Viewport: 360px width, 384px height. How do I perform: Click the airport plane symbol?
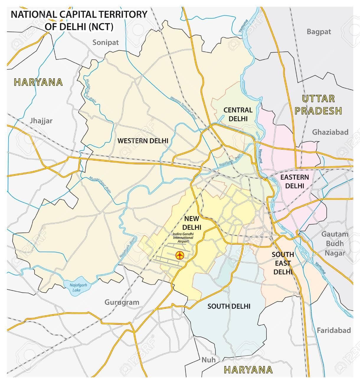[179, 255]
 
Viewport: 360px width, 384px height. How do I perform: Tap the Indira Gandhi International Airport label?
[183, 237]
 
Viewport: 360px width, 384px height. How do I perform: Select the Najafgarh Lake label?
[77, 287]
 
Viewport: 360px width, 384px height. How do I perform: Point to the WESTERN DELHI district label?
[143, 141]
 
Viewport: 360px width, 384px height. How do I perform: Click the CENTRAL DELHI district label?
[238, 114]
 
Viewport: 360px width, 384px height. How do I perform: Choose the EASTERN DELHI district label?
[294, 181]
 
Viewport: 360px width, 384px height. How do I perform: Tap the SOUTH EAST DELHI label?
[283, 263]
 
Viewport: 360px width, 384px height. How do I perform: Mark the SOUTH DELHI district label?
[229, 306]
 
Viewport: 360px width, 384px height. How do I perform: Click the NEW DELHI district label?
[192, 223]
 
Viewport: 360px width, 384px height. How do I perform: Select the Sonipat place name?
[105, 43]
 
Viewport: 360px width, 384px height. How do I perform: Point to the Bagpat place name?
[319, 32]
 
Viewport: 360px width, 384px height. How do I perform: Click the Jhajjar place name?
[41, 121]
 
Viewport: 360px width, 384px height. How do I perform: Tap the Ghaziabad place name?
[330, 132]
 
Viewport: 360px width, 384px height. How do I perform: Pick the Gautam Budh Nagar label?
[335, 243]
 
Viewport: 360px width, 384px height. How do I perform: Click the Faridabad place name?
[333, 330]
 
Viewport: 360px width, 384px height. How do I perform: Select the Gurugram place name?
[122, 302]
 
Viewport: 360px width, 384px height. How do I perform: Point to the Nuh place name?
[208, 359]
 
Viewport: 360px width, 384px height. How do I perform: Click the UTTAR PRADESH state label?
[318, 105]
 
